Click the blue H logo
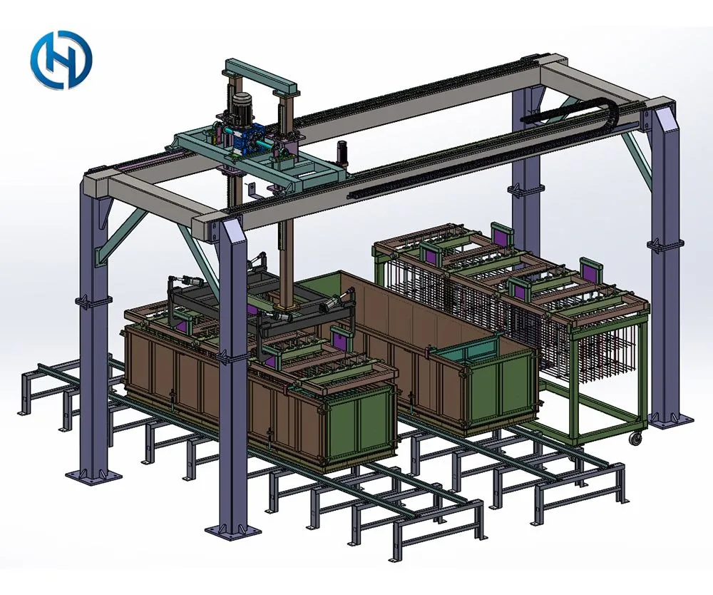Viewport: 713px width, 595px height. point(61,60)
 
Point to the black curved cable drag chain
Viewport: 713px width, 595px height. point(568,112)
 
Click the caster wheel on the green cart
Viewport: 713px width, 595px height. point(634,439)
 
